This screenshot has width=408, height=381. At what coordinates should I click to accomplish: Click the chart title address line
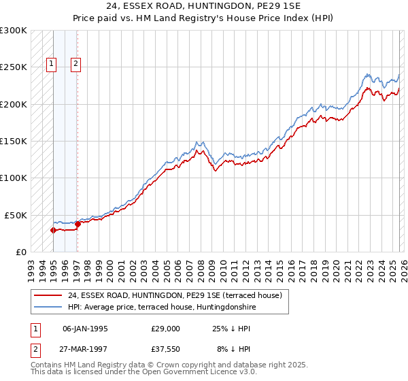coord(203,6)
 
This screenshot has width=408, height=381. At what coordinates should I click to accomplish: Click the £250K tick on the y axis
coord(14,67)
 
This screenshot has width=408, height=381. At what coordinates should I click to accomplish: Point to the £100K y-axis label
coord(14,178)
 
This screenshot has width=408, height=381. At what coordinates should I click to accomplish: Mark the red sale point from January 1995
coord(53,230)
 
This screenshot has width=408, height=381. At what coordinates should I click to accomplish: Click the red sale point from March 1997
coord(78,224)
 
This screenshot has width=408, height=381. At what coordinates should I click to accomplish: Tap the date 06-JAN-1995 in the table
coord(85,328)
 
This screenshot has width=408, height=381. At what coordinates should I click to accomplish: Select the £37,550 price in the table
coord(166,350)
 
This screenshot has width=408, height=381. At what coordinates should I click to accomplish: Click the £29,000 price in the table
coord(166,328)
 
